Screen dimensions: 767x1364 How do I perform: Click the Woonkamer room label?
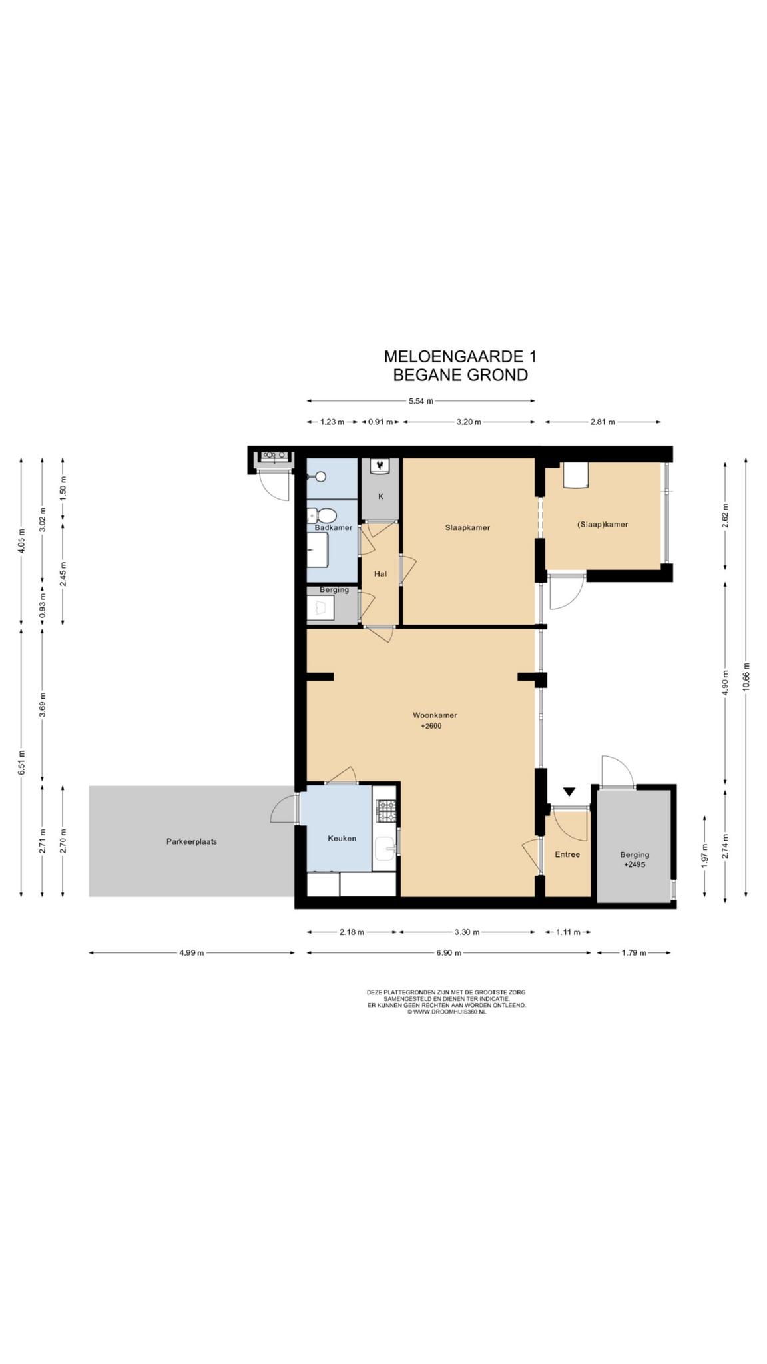click(x=435, y=715)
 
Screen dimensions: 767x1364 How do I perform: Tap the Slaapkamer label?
click(x=467, y=527)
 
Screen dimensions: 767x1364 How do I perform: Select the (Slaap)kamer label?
click(x=603, y=524)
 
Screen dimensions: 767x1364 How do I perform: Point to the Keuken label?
click(x=342, y=838)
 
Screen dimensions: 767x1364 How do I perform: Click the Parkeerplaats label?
click(x=192, y=841)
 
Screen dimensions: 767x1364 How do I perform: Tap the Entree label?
click(x=567, y=854)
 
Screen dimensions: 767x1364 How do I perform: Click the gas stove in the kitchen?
click(x=385, y=809)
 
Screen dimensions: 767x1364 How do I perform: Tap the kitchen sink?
click(x=385, y=848)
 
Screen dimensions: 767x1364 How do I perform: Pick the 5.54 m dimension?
click(x=421, y=401)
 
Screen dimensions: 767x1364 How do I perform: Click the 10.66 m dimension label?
click(x=746, y=678)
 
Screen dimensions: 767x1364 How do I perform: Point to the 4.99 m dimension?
click(x=191, y=952)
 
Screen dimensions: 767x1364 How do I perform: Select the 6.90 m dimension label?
click(x=449, y=952)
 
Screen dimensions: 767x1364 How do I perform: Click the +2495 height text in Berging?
click(x=635, y=864)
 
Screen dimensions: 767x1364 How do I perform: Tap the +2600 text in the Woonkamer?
click(x=431, y=726)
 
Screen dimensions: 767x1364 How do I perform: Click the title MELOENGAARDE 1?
click(x=460, y=356)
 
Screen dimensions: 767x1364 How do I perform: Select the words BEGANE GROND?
click(x=460, y=375)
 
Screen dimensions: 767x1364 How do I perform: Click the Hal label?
click(x=380, y=573)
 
